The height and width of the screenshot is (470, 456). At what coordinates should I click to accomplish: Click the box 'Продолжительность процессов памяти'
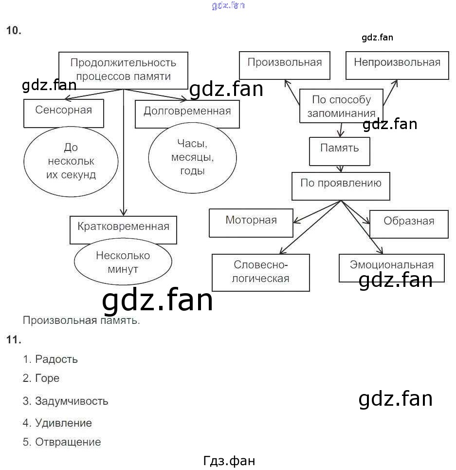click(x=123, y=70)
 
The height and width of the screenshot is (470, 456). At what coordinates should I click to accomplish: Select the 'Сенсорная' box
click(x=64, y=113)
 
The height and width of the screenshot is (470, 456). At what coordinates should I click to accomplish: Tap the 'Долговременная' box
click(x=187, y=114)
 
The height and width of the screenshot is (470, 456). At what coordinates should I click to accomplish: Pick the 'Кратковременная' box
click(x=123, y=230)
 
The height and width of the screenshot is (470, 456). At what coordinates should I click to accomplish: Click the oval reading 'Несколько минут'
click(x=123, y=263)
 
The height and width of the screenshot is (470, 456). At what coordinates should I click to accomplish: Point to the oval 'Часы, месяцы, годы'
click(x=192, y=157)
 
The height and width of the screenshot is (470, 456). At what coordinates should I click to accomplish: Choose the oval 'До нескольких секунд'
click(x=71, y=161)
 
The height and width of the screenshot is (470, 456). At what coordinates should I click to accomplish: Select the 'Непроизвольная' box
click(x=397, y=65)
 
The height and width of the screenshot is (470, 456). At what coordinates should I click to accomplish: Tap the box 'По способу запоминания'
click(x=341, y=106)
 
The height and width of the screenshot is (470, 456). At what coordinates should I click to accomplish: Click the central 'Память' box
click(x=340, y=151)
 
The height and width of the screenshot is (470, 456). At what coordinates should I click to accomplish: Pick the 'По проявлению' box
click(x=341, y=186)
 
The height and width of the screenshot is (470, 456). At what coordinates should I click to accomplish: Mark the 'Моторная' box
click(x=251, y=223)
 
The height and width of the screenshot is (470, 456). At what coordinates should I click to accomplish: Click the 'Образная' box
click(x=409, y=224)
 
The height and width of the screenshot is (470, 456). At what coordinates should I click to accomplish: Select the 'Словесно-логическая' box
click(x=261, y=272)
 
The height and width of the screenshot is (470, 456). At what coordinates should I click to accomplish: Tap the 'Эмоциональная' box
click(x=392, y=267)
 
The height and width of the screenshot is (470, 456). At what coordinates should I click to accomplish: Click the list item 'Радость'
click(x=56, y=359)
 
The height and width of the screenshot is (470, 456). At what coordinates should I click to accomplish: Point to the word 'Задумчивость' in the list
click(x=71, y=401)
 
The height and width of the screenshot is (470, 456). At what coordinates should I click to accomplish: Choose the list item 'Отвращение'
click(x=68, y=442)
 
